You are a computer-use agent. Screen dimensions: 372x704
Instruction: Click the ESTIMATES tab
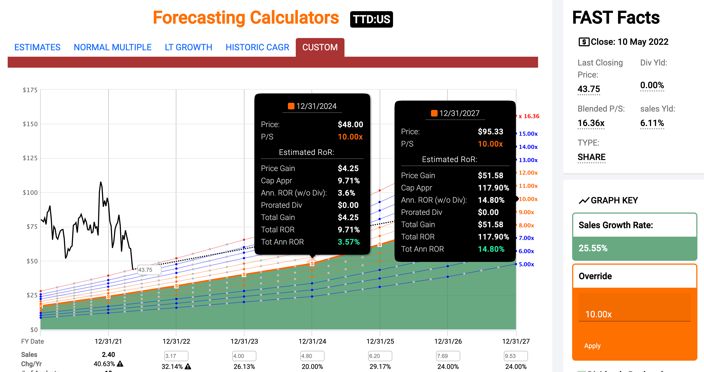37,47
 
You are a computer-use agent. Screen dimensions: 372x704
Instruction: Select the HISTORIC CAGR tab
257,47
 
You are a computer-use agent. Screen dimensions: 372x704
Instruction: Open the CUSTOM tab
320,47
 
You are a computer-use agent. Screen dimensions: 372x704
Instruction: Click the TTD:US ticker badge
371,19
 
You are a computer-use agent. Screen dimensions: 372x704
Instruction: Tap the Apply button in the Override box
592,346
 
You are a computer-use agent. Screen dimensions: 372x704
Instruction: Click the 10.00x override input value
598,314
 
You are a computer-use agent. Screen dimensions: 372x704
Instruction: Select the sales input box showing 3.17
176,356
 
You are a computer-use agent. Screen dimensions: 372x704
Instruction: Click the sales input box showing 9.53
515,356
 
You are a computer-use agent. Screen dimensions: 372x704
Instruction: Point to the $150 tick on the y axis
30,124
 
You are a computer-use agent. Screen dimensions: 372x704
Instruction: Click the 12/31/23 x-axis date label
244,341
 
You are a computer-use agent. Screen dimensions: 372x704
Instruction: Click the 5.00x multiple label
526,264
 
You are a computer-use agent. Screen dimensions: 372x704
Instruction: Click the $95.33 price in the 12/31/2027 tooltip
490,131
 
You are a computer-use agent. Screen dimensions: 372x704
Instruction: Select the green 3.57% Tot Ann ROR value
349,242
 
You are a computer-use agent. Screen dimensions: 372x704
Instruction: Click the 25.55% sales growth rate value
593,248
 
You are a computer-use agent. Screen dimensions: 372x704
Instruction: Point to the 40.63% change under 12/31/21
104,364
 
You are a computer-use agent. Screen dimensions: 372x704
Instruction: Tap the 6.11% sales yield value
652,123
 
